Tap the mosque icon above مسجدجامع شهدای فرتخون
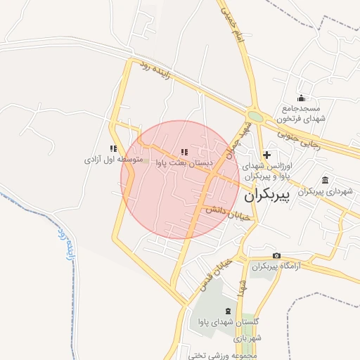[302, 98]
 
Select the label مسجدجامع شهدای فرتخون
[302, 114]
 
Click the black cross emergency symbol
[266, 154]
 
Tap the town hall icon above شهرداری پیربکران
[324, 180]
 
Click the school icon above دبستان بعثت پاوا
[184, 152]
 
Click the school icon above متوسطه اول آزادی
[113, 148]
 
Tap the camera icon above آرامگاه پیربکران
[276, 255]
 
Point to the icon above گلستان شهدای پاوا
[226, 311]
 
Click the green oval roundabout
[255, 116]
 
